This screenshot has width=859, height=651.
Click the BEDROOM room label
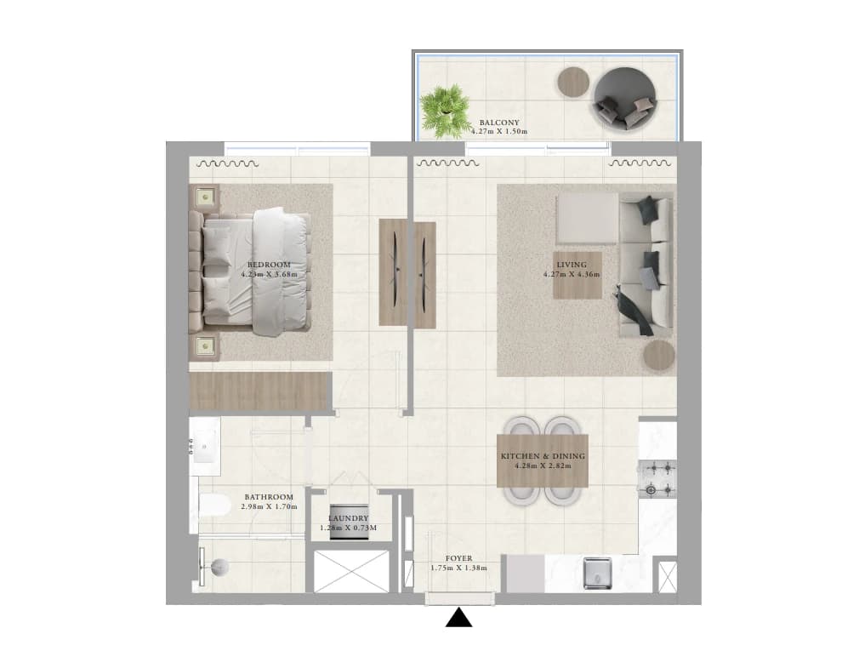pyautogui.click(x=269, y=265)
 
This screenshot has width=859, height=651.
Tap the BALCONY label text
pyautogui.click(x=499, y=123)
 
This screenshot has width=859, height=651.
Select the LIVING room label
pyautogui.click(x=572, y=265)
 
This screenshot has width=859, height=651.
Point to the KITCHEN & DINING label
pyautogui.click(x=543, y=456)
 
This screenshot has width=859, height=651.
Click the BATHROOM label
pyautogui.click(x=269, y=497)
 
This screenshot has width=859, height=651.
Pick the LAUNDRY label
pyautogui.click(x=349, y=518)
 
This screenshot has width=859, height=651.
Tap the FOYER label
pyautogui.click(x=458, y=558)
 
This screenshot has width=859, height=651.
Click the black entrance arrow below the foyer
pyautogui.click(x=458, y=618)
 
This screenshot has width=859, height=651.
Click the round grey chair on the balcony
pyautogui.click(x=624, y=99)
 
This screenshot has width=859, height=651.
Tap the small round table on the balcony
pyautogui.click(x=573, y=83)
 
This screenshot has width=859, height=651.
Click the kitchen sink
pyautogui.click(x=597, y=573)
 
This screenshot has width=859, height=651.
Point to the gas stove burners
pyautogui.click(x=657, y=479)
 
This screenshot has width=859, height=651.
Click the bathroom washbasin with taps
pyautogui.click(x=204, y=447)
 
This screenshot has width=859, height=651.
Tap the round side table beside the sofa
pyautogui.click(x=658, y=357)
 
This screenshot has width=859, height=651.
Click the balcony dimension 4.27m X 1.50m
pyautogui.click(x=499, y=132)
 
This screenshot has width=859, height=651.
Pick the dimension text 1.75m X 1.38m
pyautogui.click(x=458, y=568)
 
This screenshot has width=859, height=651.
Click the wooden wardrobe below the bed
pyautogui.click(x=261, y=391)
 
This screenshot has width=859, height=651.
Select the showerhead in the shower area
pyautogui.click(x=220, y=568)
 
